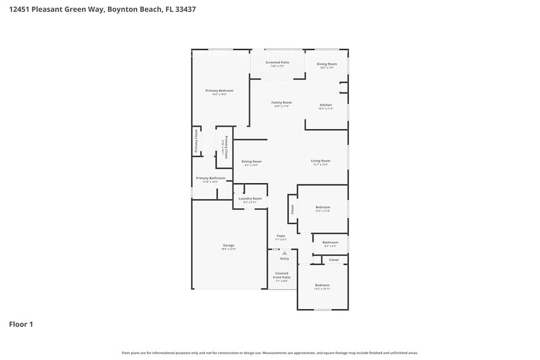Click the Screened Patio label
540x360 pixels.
pos(277,62)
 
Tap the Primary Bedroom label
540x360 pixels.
pos(219,91)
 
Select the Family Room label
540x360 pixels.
pos(281,102)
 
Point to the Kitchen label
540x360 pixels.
pos(326,105)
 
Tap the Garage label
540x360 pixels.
pos(228,246)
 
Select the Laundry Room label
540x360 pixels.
pos(250,198)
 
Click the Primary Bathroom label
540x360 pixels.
pos(210,178)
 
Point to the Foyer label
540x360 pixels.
pos(281,236)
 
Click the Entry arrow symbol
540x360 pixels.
pos(285,252)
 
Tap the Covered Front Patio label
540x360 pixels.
pos(282,276)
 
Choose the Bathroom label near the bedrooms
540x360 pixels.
pos(330,242)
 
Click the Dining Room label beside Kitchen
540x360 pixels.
pos(326,64)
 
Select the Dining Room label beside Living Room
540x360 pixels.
pos(251,162)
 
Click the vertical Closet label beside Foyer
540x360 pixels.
pos(293,209)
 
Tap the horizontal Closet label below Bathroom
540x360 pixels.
pos(334,260)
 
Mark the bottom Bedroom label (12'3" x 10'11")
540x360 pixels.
pos(322,285)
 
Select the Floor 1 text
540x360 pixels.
pos(21,324)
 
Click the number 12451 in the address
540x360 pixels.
pos(20,9)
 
